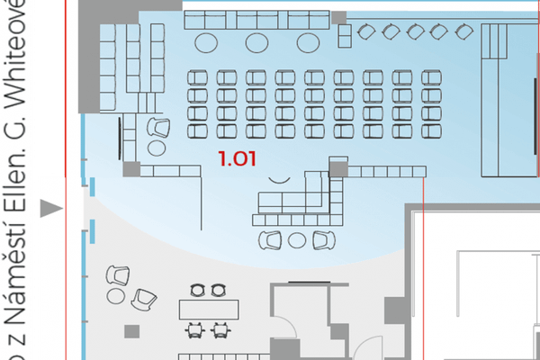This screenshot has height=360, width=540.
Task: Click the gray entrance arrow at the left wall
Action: pos(55,209)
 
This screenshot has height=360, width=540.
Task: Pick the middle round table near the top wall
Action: pos(256,41)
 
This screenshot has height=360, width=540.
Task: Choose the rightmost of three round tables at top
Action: pos(308,41)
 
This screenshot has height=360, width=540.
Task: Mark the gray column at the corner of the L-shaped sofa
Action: pos(337,167)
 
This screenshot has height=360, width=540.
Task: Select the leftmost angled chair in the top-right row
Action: pos(367,32)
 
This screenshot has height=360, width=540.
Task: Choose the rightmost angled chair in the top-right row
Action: pos(463,32)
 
